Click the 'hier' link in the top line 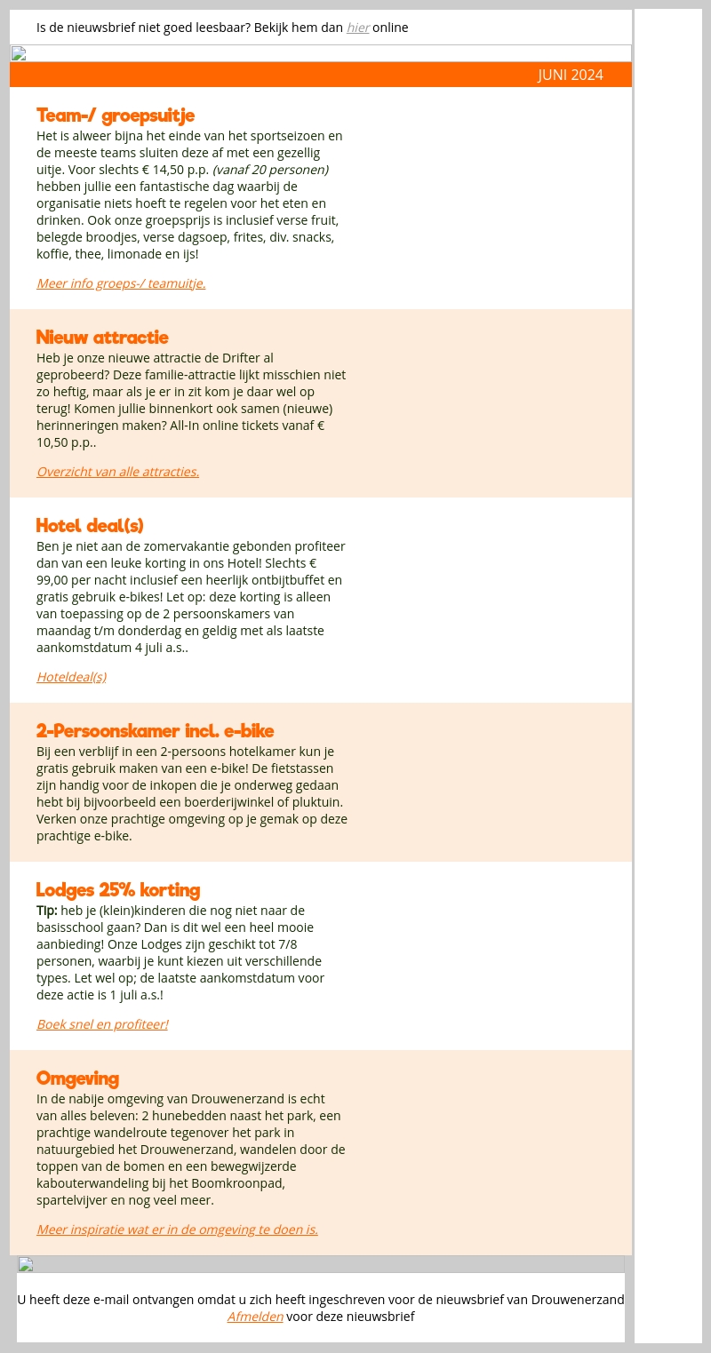[357, 28]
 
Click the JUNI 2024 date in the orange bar [570, 75]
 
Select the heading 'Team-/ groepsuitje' [116, 115]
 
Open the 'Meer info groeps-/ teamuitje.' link [121, 283]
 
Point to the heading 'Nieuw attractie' [102, 338]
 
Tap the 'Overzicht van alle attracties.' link [117, 472]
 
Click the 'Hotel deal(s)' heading [90, 525]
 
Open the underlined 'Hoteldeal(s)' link [71, 677]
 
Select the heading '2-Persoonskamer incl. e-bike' [155, 731]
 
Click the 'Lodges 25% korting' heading [118, 890]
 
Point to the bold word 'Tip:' [47, 911]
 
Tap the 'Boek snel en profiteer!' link [102, 1024]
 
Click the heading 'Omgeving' [77, 1078]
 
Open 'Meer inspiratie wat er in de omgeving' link [177, 1230]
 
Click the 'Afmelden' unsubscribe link [255, 1317]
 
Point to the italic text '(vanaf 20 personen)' [270, 170]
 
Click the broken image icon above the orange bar [19, 53]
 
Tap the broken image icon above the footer [26, 1264]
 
